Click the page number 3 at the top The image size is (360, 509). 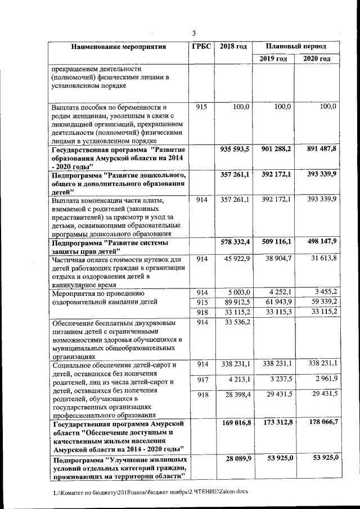click(x=193, y=33)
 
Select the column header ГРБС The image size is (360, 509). click(x=201, y=46)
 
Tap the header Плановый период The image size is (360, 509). click(x=296, y=46)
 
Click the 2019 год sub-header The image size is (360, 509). click(x=273, y=58)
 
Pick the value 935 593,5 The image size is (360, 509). click(x=234, y=150)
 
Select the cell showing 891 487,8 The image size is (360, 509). click(x=321, y=150)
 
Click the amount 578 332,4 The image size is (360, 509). click(x=234, y=242)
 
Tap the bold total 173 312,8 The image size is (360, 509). click(x=274, y=422)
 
